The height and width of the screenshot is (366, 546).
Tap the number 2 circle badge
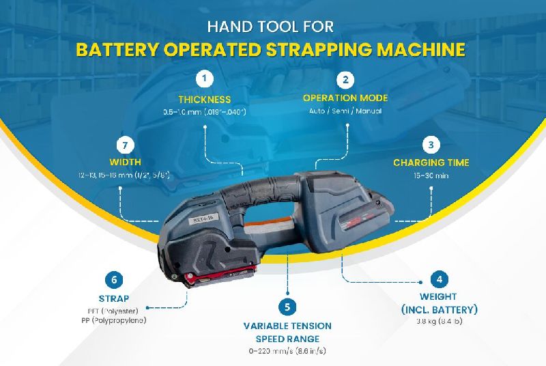click(345, 80)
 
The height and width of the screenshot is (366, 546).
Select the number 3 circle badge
click(431, 144)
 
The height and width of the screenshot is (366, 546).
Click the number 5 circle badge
click(288, 307)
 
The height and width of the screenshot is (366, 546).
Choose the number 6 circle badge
click(114, 280)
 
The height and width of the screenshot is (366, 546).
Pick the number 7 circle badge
click(124, 145)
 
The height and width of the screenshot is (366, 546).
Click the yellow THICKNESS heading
click(205, 100)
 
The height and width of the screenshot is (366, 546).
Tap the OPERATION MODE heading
click(345, 98)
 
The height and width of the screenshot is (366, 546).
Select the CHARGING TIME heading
click(431, 163)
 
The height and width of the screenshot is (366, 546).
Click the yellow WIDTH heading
click(125, 163)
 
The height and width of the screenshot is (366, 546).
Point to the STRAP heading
click(114, 298)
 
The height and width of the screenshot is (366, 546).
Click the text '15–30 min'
click(431, 176)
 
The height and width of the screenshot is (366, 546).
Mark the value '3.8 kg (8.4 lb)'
click(439, 321)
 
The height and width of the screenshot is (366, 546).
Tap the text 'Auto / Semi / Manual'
click(345, 111)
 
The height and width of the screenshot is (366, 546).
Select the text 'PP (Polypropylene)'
click(113, 320)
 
